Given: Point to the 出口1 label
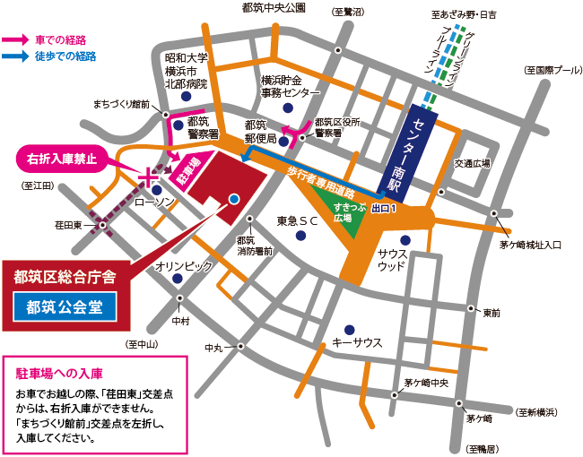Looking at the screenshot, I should pos(382,208).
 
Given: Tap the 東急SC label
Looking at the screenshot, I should pos(298,220).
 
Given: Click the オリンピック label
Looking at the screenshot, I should pos(184,266).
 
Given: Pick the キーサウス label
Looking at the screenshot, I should pos(357,342).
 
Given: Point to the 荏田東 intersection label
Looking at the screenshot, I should pos(67,225).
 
